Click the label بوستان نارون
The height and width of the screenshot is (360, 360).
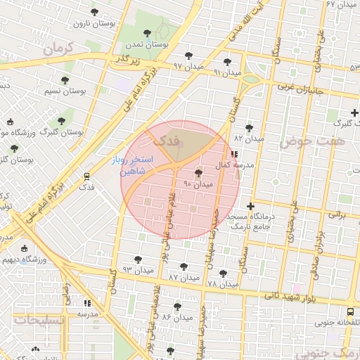94,23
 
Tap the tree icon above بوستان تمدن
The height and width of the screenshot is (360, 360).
146,32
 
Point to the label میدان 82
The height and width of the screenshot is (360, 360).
248,139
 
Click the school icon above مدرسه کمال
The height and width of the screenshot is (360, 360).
233,153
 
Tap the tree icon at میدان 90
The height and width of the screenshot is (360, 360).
198,173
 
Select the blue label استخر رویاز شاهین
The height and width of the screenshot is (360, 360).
128,165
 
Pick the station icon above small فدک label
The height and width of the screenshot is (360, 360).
86,176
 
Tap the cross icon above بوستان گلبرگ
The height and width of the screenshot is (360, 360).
355,112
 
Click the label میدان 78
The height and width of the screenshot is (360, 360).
223,283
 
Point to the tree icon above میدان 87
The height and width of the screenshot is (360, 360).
184,267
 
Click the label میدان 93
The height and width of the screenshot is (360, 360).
137,270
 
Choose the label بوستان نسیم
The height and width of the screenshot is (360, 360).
65,91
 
